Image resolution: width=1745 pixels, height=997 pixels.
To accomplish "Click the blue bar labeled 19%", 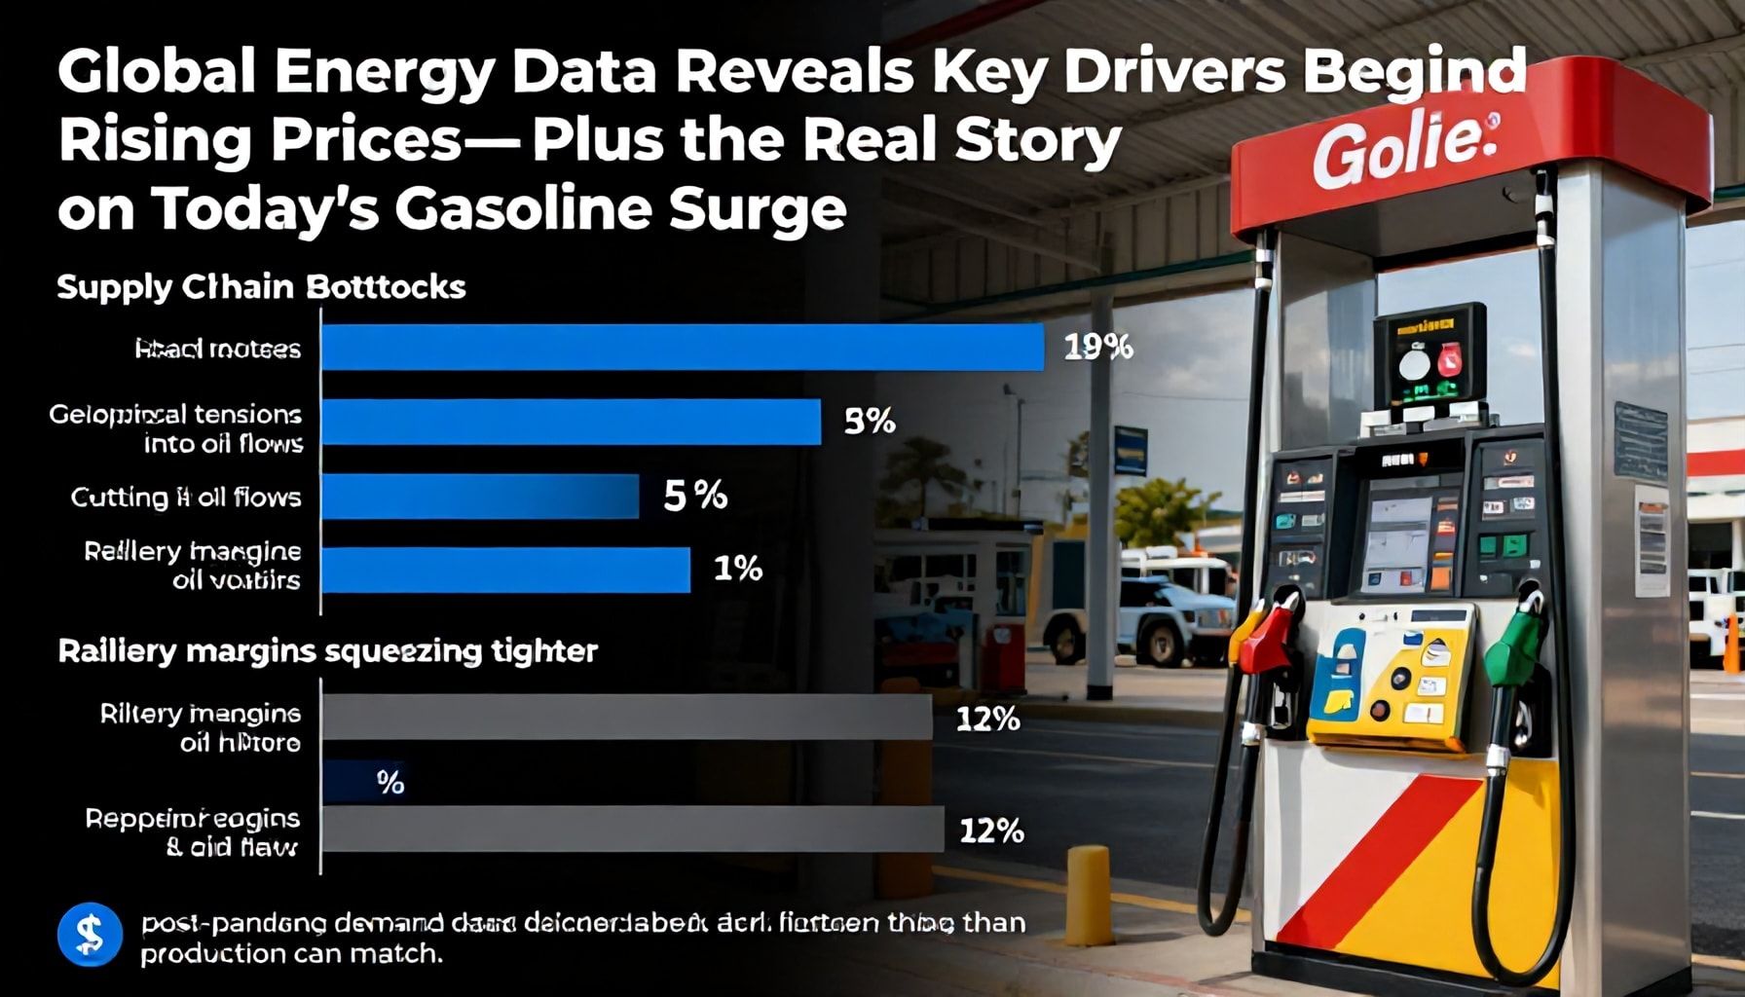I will (682, 348).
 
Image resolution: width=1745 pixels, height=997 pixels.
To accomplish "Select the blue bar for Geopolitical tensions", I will (571, 422).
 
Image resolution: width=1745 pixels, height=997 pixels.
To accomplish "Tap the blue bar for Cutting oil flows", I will (480, 497).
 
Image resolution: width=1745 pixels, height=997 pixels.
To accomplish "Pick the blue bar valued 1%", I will (505, 571).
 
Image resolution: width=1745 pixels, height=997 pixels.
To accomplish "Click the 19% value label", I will (1097, 348).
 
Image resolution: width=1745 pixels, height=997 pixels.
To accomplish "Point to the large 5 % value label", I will (695, 496).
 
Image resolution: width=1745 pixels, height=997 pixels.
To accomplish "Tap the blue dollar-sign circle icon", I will (90, 935).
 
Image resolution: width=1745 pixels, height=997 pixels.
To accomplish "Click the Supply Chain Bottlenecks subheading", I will (261, 287).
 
